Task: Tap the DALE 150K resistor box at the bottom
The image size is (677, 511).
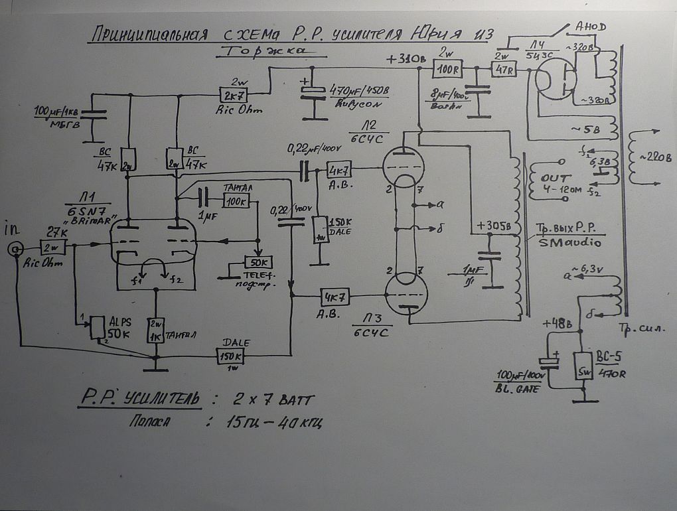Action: [230, 357]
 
